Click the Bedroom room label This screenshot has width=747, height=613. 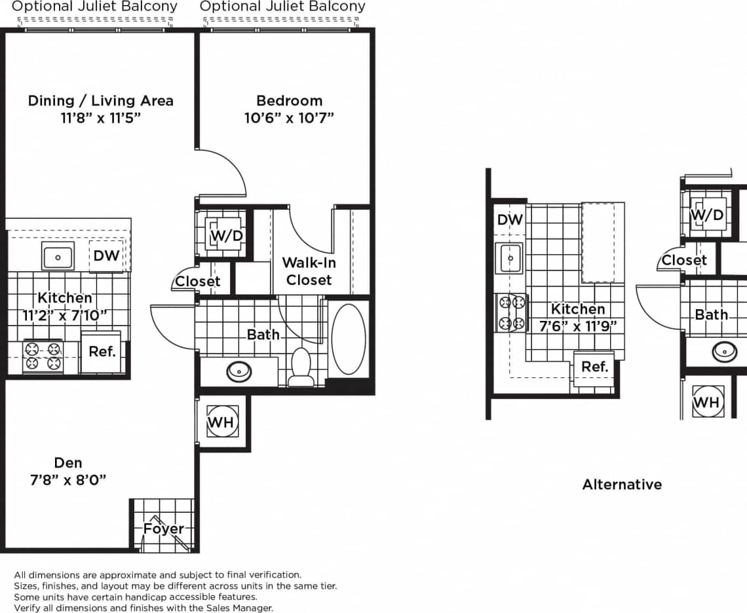pyautogui.click(x=289, y=101)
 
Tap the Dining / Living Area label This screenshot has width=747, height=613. pyautogui.click(x=100, y=101)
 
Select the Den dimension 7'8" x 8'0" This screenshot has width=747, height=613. pyautogui.click(x=68, y=480)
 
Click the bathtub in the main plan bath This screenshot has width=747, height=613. pyautogui.click(x=348, y=339)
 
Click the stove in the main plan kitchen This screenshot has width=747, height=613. pyautogui.click(x=43, y=356)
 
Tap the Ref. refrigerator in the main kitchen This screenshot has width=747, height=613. pyautogui.click(x=102, y=352)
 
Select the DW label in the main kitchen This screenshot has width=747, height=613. pyautogui.click(x=106, y=256)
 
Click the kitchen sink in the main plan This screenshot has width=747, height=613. pyautogui.click(x=58, y=256)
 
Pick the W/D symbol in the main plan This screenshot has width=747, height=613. pyautogui.click(x=226, y=235)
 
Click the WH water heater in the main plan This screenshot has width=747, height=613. pyautogui.click(x=221, y=422)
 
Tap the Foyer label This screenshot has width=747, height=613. pyautogui.click(x=163, y=529)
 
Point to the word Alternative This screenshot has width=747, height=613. pyautogui.click(x=622, y=485)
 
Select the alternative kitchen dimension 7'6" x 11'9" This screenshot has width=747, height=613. pyautogui.click(x=578, y=325)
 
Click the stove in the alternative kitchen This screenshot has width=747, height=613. pyautogui.click(x=511, y=313)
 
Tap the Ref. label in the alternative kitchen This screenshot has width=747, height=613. pyautogui.click(x=594, y=367)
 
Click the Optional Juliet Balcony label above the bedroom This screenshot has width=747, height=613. pyautogui.click(x=282, y=7)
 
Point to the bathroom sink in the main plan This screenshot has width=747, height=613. pyautogui.click(x=239, y=372)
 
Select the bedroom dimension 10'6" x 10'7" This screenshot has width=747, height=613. pyautogui.click(x=289, y=119)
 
